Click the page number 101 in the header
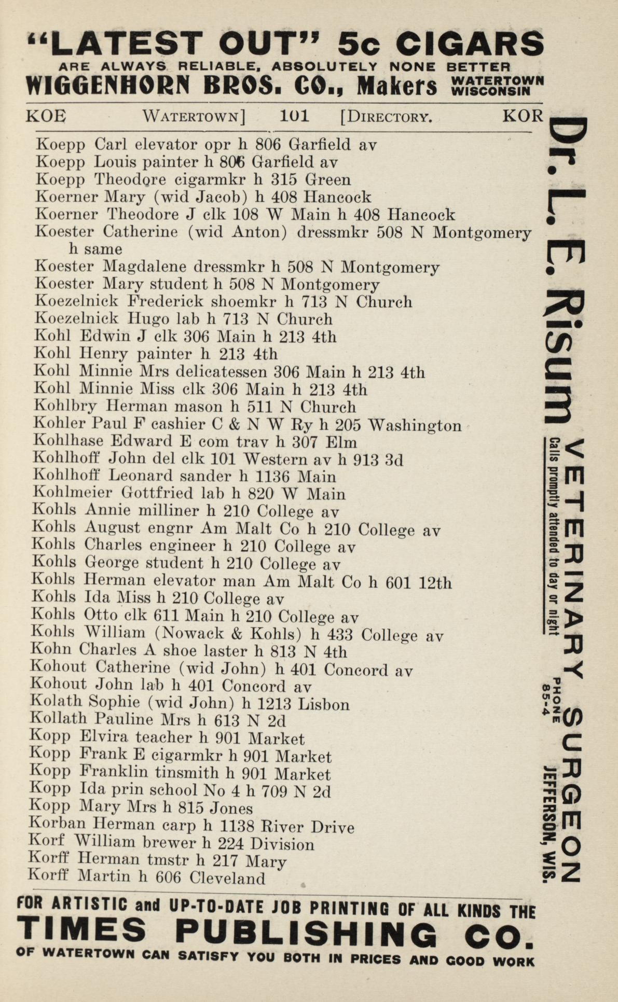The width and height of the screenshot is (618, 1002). click(x=294, y=116)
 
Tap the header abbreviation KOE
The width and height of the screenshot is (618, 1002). click(x=46, y=116)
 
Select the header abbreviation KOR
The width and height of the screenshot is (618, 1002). click(x=522, y=116)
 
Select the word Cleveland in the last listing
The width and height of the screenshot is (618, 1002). click(x=227, y=878)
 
